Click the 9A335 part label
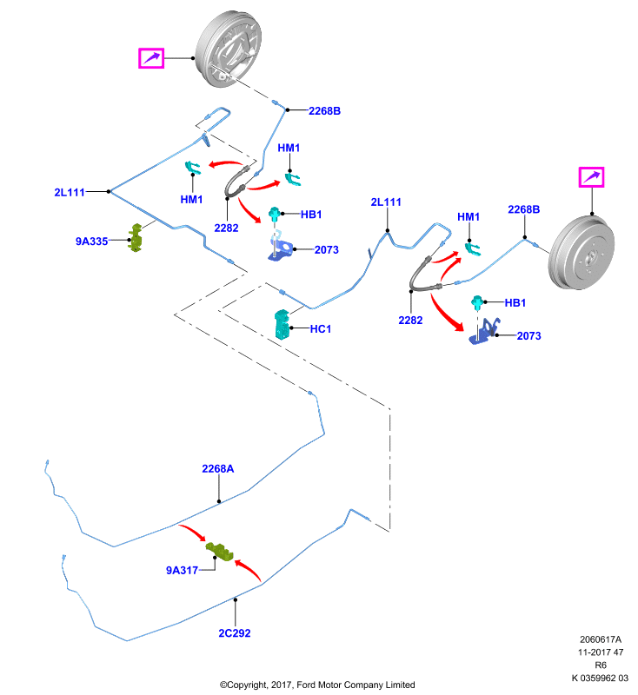(x=92, y=242)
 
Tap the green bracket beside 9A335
(x=136, y=238)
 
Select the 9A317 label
(x=182, y=570)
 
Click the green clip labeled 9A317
(x=219, y=552)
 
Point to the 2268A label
(x=217, y=468)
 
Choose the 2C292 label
(x=235, y=633)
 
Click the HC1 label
(x=321, y=329)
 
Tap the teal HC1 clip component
(x=282, y=324)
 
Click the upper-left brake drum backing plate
(x=229, y=49)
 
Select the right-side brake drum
(x=582, y=253)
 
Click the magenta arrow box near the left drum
(x=151, y=58)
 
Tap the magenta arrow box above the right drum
(x=591, y=177)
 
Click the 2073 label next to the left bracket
(x=327, y=250)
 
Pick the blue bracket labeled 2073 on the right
(x=484, y=331)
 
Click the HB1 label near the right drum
(x=515, y=302)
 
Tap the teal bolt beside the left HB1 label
(x=275, y=215)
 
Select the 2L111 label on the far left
(x=70, y=192)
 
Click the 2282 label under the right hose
(x=410, y=320)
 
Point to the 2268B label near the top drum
(x=324, y=111)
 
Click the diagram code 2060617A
(x=601, y=639)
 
